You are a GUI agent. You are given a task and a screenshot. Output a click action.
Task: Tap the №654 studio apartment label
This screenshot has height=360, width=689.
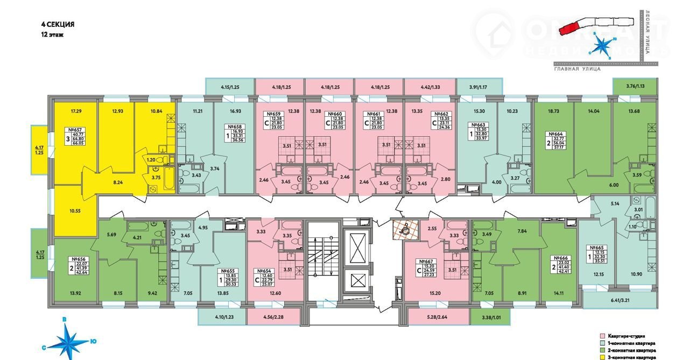click(263, 271)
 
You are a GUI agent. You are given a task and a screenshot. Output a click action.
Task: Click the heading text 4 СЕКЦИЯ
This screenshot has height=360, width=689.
click(58, 24)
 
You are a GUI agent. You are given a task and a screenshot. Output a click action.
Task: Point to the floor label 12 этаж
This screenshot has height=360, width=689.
click(52, 34)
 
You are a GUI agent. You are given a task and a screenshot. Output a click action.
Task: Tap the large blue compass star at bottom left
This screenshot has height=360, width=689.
click(71, 340)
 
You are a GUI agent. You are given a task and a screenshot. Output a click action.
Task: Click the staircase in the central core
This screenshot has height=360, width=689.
click(322, 258)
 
